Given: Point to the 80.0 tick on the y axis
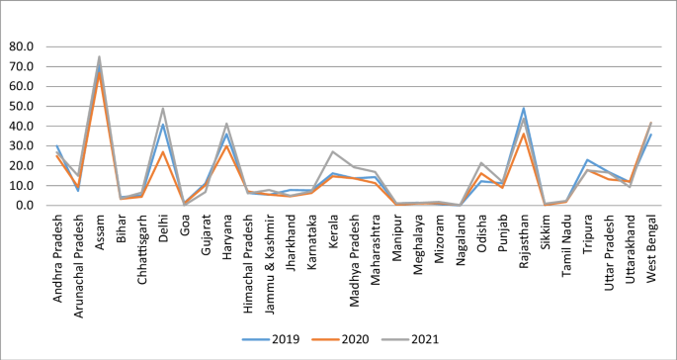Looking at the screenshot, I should [x=22, y=46].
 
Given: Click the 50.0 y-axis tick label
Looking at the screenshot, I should [x=22, y=106].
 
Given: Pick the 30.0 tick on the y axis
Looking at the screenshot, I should [x=22, y=145].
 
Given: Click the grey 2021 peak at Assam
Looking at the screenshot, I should [x=99, y=56].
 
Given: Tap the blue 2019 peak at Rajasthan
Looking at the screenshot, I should [x=523, y=109].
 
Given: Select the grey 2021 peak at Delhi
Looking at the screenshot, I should [x=162, y=109].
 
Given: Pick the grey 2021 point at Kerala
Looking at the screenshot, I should [x=332, y=151].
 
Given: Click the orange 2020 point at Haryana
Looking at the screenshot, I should [x=226, y=145].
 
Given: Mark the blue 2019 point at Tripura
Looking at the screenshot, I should [x=587, y=159].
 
